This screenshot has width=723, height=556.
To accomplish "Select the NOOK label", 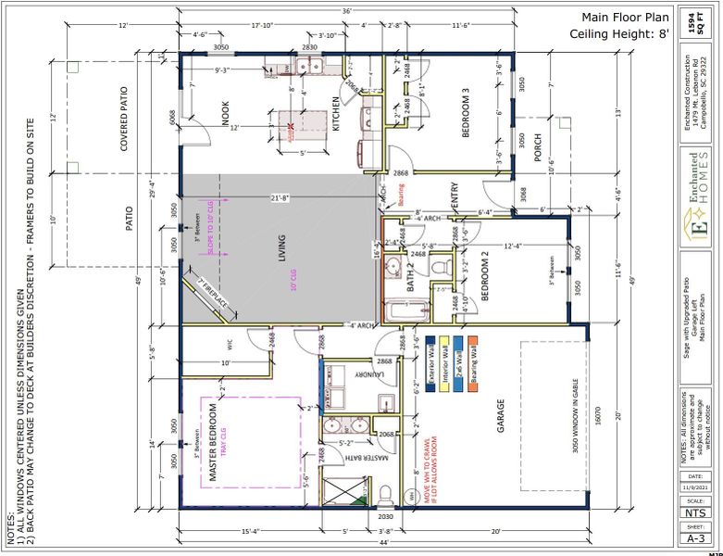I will [225, 112].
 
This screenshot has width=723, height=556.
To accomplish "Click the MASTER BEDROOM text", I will [212, 442].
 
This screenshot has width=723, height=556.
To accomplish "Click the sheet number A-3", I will [695, 536].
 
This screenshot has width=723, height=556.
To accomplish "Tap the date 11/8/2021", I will [695, 486].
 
